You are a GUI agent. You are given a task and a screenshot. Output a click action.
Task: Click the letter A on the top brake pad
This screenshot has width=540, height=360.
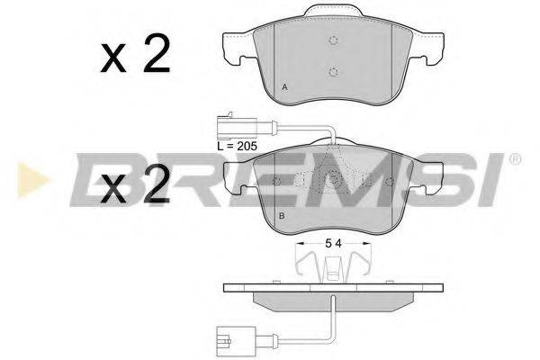click(x=284, y=86)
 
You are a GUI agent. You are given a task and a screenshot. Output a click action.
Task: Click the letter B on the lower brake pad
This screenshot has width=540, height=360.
click(x=282, y=216)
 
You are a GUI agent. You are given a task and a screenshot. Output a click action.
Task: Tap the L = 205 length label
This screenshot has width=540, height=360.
click(x=237, y=144)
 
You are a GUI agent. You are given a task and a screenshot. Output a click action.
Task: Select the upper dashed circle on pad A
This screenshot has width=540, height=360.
click(x=333, y=40)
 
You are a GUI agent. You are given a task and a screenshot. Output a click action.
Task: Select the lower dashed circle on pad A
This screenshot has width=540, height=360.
click(x=333, y=72)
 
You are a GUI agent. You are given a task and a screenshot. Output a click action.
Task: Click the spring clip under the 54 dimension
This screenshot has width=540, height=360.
click(x=333, y=265)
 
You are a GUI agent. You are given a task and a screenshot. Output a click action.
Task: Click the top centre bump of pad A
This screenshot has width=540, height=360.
click(x=333, y=12)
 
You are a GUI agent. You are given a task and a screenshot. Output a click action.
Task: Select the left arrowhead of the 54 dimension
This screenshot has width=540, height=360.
click(x=298, y=244)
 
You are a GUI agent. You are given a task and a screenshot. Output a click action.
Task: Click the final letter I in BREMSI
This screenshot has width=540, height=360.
click(x=494, y=180)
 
